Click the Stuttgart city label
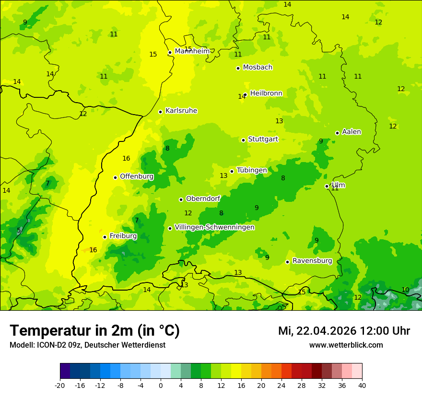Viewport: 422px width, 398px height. [x=263, y=140]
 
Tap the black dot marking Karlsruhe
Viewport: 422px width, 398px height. [x=161, y=112]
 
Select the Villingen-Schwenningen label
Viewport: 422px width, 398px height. [x=214, y=227]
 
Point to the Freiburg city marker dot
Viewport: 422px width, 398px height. [x=105, y=237]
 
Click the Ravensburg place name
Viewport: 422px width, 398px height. [x=312, y=261]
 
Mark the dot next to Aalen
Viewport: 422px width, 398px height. [x=338, y=133]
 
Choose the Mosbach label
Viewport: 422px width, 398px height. [x=258, y=68]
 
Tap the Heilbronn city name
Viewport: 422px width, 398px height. [x=266, y=94]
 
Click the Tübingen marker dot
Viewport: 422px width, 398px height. [x=232, y=171]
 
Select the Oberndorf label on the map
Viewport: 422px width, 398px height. [x=203, y=199]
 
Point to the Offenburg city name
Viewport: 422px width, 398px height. [x=137, y=176]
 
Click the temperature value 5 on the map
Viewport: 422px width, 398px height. [x=19, y=231]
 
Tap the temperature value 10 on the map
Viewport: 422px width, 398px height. [x=405, y=290]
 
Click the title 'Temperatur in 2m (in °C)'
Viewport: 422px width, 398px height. [x=94, y=330]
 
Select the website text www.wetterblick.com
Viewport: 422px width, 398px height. [x=346, y=345]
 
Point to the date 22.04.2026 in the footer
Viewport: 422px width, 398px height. [x=326, y=331]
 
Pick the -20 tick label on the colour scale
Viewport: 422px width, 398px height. [x=60, y=385]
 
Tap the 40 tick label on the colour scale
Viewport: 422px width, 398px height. [x=362, y=385]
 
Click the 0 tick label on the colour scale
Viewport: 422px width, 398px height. [x=161, y=385]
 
